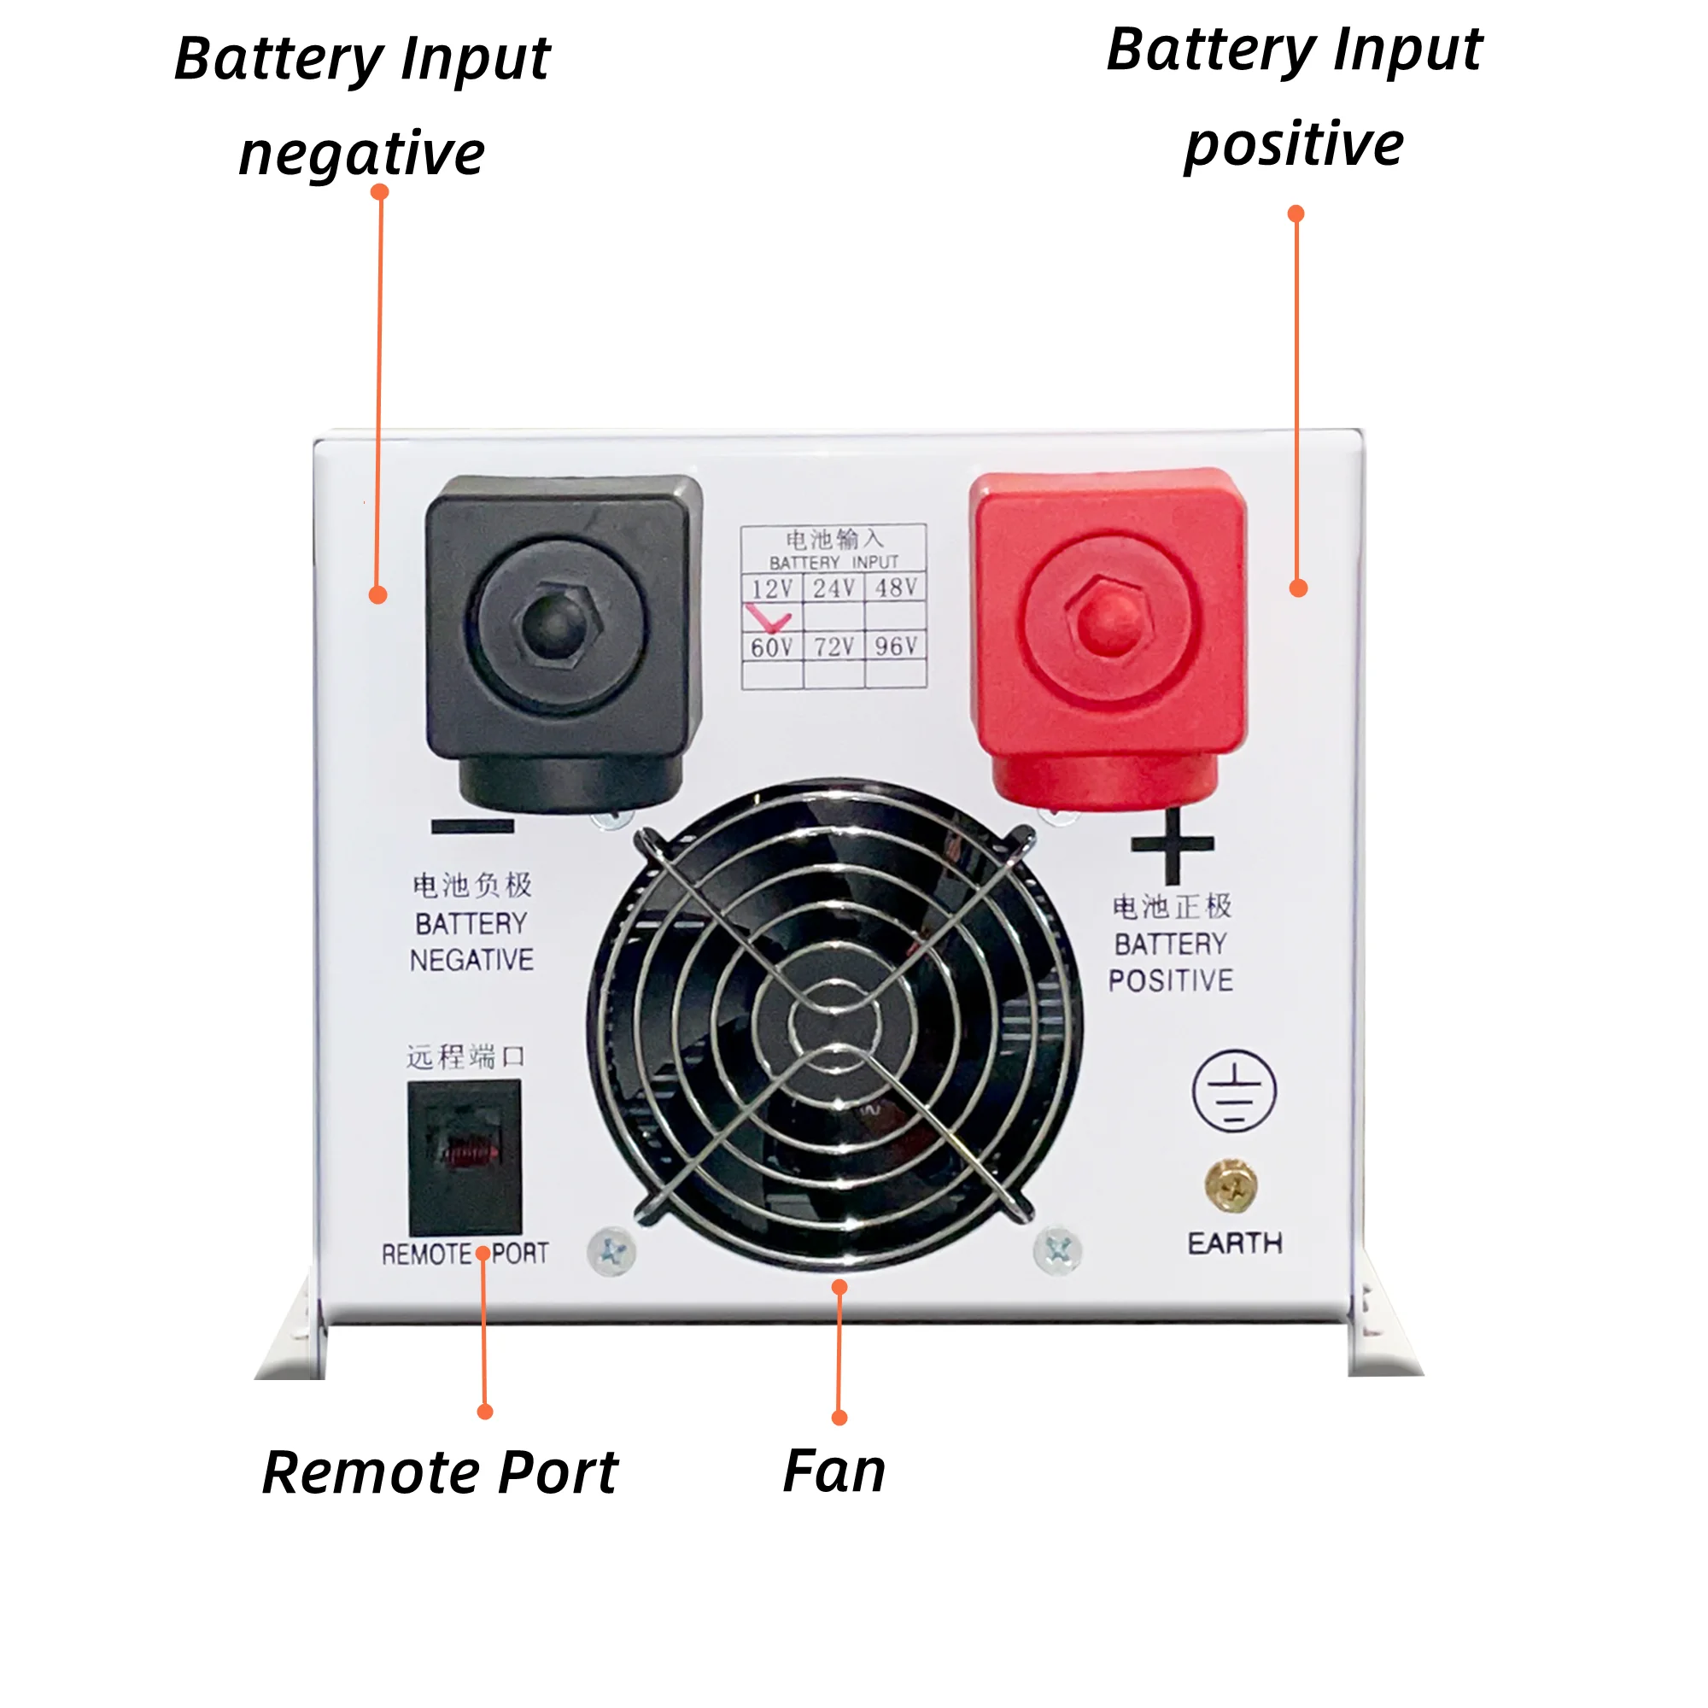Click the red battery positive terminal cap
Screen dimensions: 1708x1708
(1108, 619)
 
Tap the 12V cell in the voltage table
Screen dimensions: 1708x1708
(771, 588)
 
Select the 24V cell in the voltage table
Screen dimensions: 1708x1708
(834, 588)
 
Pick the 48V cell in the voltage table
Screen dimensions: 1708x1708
(896, 588)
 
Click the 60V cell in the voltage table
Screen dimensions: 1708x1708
(771, 647)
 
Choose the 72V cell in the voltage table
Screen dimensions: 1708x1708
(834, 647)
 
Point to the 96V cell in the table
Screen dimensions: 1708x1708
(896, 646)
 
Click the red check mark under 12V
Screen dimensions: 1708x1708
(768, 617)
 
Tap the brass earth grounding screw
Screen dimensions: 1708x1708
(1231, 1186)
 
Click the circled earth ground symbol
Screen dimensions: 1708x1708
(1234, 1091)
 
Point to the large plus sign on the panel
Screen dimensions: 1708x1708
(1173, 846)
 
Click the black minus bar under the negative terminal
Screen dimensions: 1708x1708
(472, 827)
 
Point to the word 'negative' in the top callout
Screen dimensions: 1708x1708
(361, 154)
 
